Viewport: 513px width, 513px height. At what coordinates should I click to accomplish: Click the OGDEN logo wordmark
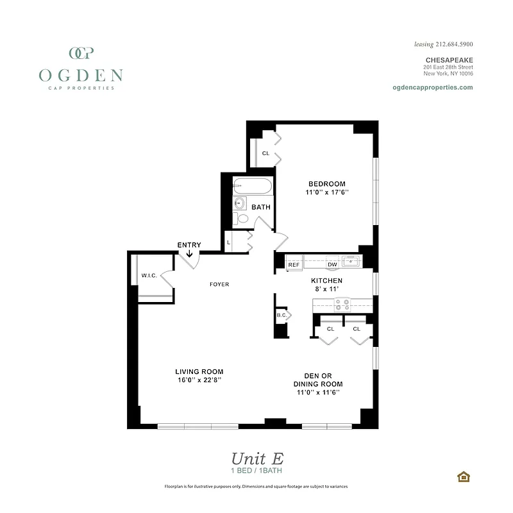pyautogui.click(x=80, y=74)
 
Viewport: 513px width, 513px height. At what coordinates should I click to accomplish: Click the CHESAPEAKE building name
pyautogui.click(x=449, y=60)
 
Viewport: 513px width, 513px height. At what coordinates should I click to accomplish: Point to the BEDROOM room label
pyautogui.click(x=326, y=183)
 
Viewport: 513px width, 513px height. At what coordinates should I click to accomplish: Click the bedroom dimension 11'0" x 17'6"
pyautogui.click(x=326, y=192)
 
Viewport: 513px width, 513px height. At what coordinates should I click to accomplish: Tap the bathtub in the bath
pyautogui.click(x=253, y=187)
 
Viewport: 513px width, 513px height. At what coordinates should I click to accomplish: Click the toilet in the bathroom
pyautogui.click(x=241, y=219)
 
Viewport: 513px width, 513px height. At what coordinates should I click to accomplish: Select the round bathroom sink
pyautogui.click(x=240, y=203)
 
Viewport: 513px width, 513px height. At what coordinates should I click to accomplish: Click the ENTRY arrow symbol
pyautogui.click(x=190, y=254)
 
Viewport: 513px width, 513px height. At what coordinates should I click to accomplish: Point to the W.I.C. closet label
pyautogui.click(x=149, y=276)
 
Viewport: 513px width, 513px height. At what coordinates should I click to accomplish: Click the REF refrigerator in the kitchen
pyautogui.click(x=294, y=264)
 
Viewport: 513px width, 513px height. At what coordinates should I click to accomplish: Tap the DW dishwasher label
pyautogui.click(x=332, y=264)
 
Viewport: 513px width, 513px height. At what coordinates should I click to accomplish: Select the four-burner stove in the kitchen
pyautogui.click(x=342, y=304)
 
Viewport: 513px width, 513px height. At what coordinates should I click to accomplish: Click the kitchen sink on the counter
pyautogui.click(x=350, y=261)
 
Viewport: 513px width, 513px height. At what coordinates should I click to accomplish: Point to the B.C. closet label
pyautogui.click(x=281, y=315)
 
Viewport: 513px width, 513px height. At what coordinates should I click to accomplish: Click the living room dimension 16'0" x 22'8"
pyautogui.click(x=199, y=380)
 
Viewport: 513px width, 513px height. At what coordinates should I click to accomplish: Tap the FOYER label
pyautogui.click(x=219, y=284)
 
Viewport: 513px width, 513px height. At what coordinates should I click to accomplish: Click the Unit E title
pyautogui.click(x=256, y=458)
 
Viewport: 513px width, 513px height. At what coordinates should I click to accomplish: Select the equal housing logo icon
pyautogui.click(x=462, y=476)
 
